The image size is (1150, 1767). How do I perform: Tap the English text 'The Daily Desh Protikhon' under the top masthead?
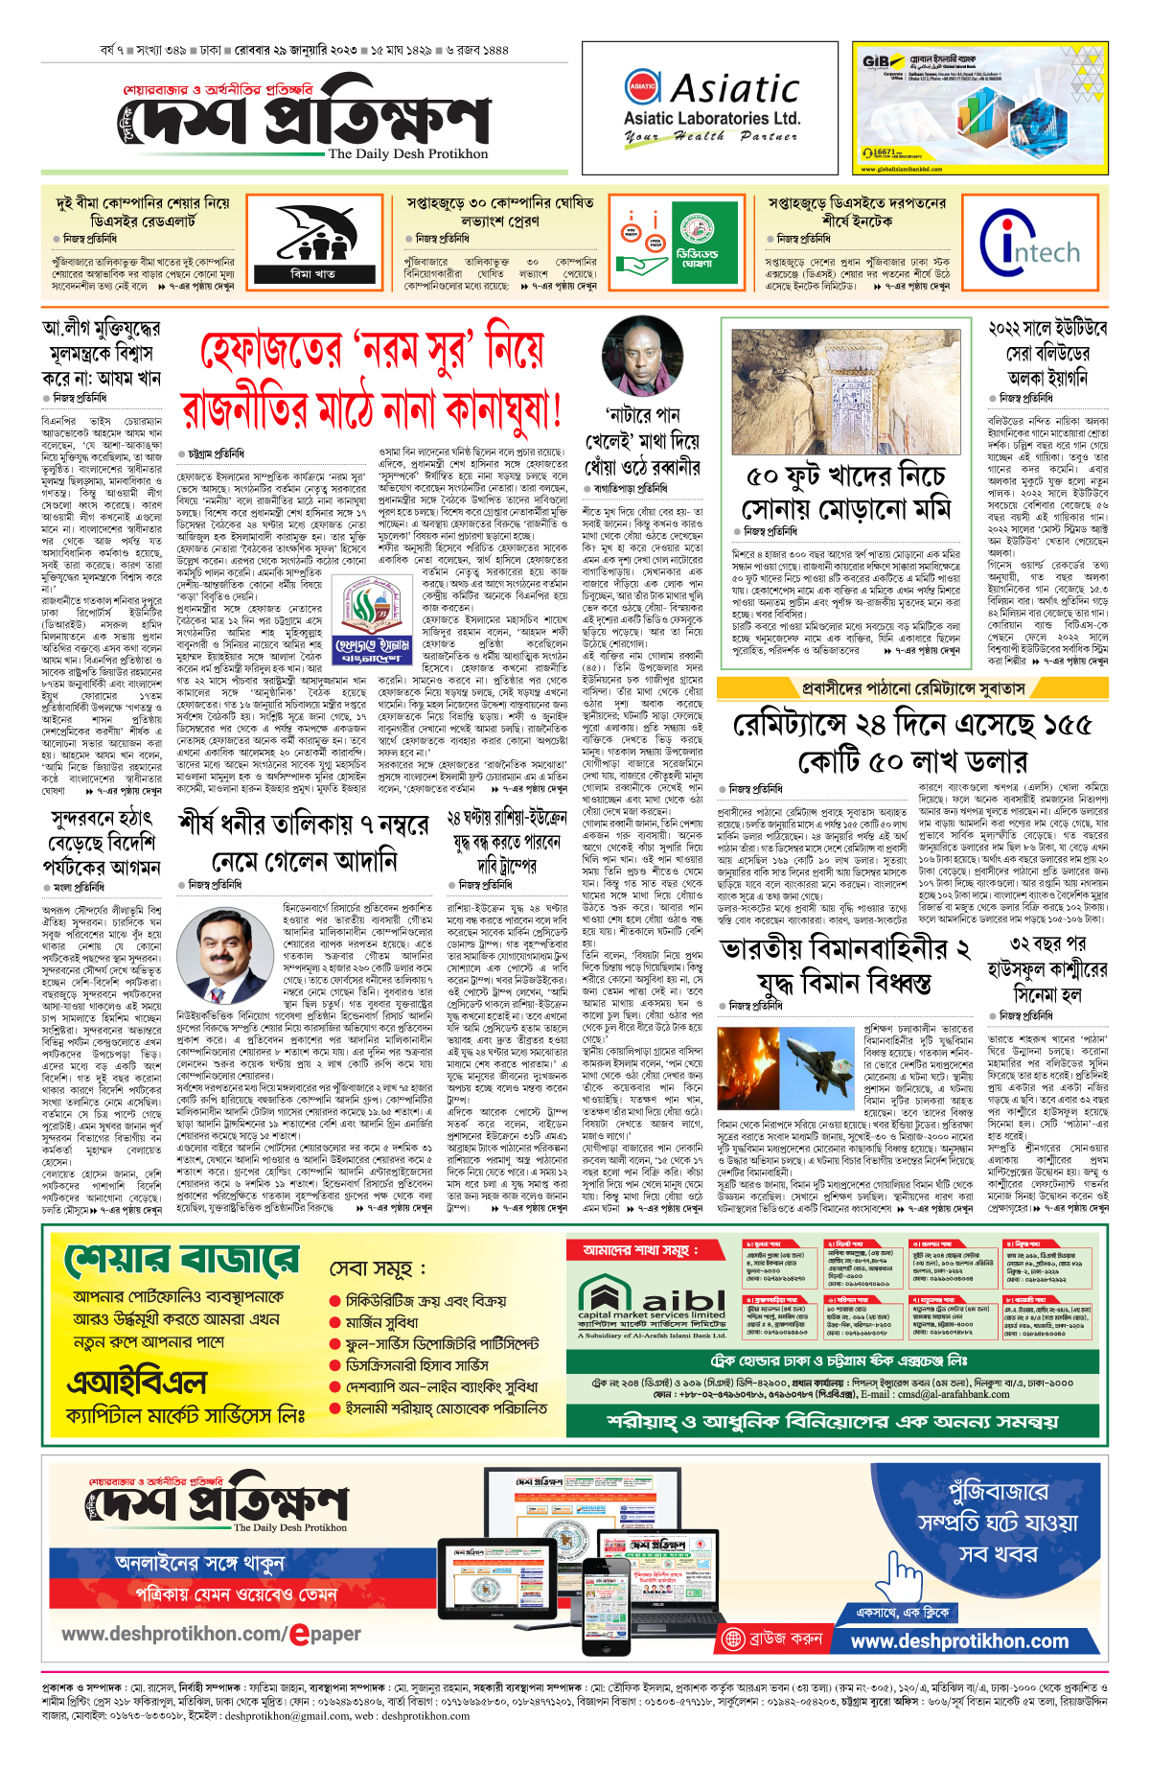pos(407,153)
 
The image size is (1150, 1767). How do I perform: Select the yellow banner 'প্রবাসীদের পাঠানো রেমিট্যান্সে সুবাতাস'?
pos(913,687)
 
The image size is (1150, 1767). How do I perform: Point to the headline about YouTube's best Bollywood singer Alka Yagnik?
pos(1046,353)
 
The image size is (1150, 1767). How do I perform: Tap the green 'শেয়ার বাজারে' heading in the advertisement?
pos(181,1260)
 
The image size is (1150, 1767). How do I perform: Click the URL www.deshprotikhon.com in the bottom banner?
pos(958,1640)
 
